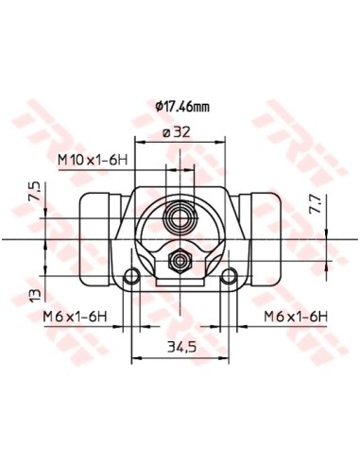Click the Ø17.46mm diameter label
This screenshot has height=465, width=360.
[x=182, y=107]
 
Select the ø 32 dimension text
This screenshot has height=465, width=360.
[x=177, y=132]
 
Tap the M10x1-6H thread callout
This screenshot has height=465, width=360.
[x=93, y=161]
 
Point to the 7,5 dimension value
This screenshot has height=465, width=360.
[x=35, y=191]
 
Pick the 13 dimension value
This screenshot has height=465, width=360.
[x=35, y=295]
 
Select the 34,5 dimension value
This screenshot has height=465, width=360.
[x=181, y=347]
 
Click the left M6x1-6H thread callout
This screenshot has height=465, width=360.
[x=76, y=317]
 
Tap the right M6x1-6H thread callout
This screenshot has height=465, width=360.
[x=296, y=317]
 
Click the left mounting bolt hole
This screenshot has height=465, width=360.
[x=132, y=276]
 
